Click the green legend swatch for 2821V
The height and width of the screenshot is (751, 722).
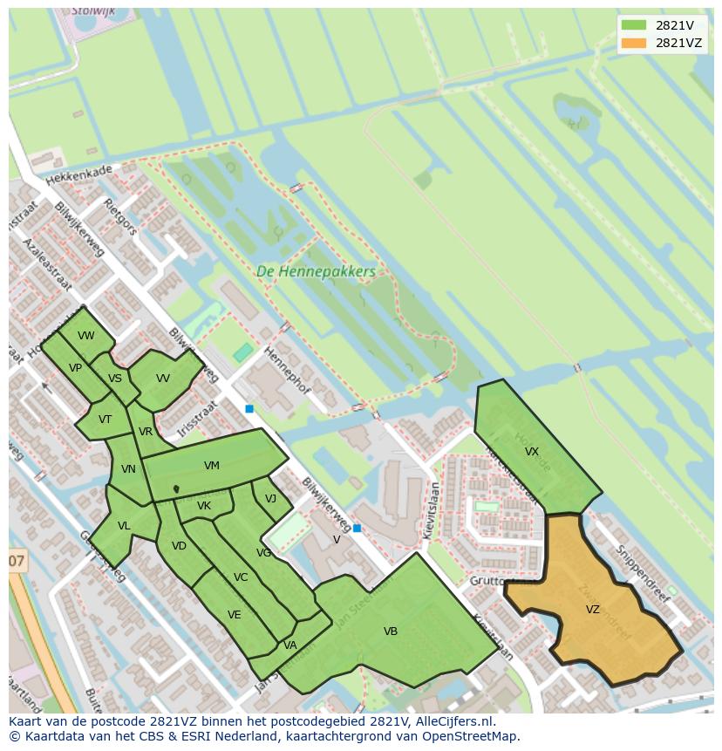click(634, 25)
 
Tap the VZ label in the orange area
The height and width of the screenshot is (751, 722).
click(593, 610)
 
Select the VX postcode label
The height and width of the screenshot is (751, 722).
click(532, 452)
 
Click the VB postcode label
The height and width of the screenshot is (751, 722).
click(391, 631)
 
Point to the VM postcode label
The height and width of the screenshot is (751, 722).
click(212, 466)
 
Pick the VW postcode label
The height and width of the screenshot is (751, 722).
click(85, 336)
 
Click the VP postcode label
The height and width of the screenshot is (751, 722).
click(76, 368)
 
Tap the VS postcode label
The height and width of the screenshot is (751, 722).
click(115, 379)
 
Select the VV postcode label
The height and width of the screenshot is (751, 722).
click(163, 379)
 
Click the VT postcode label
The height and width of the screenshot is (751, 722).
click(105, 420)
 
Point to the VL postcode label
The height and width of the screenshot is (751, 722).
click(124, 526)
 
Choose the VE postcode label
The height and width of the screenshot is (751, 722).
click(234, 615)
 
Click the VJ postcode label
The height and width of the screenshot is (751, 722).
click(270, 499)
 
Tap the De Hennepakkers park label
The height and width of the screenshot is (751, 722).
click(316, 272)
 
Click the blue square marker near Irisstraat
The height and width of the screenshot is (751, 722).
click(249, 408)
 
